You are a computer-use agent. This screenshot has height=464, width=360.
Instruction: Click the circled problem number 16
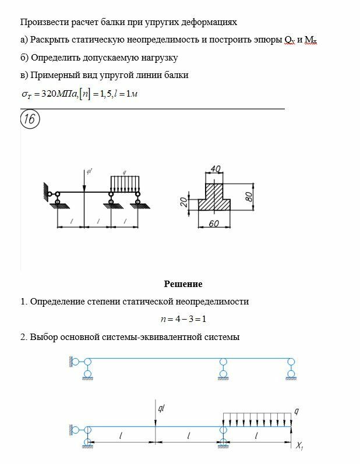click(30, 120)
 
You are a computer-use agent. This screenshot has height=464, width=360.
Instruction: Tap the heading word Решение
click(183, 284)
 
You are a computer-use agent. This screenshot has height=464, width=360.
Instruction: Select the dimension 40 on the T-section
click(215, 168)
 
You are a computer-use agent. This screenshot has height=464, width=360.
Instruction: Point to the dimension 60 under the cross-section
click(214, 224)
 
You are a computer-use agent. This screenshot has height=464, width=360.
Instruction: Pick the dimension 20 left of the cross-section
click(183, 201)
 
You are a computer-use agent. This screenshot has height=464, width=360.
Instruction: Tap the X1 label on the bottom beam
click(299, 447)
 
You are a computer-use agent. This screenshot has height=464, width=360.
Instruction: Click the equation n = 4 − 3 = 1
click(184, 319)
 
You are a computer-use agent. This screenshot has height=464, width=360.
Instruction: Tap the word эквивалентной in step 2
click(179, 337)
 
